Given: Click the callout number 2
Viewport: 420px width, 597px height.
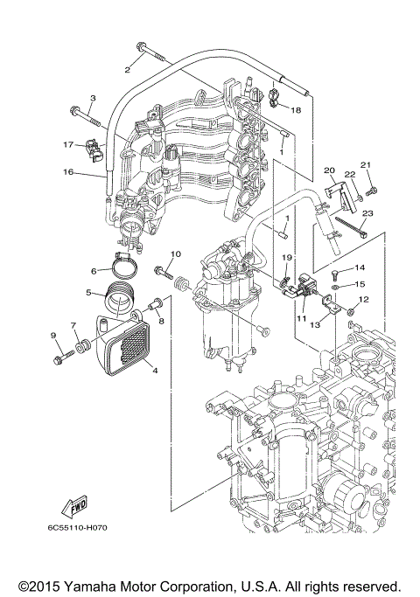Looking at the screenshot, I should coord(128,69).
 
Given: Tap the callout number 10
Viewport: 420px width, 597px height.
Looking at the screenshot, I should coord(174,254).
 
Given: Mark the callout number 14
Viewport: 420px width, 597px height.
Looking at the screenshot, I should coord(359,267).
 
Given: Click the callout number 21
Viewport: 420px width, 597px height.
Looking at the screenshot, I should coord(367,164).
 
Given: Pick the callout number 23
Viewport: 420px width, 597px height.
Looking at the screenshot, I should coord(367,213).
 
